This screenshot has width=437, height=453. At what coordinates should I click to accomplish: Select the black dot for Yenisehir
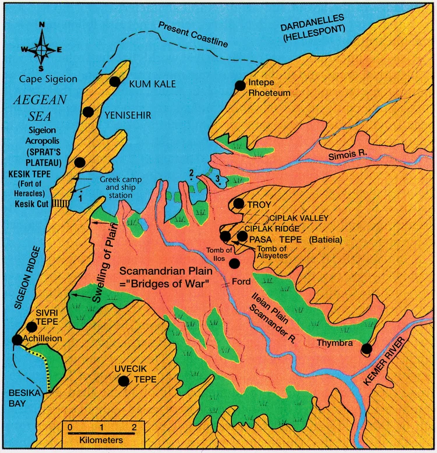click(x=89, y=112)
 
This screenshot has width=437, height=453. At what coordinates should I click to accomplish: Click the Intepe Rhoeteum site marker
click(x=239, y=86)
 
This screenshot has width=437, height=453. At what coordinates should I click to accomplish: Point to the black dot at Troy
click(x=238, y=203)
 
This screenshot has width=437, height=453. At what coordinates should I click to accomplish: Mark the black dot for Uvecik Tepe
click(x=124, y=381)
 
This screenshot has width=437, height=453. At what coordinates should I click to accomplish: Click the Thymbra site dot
click(x=366, y=349)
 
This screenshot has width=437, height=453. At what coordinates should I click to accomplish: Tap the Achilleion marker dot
click(x=17, y=339)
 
